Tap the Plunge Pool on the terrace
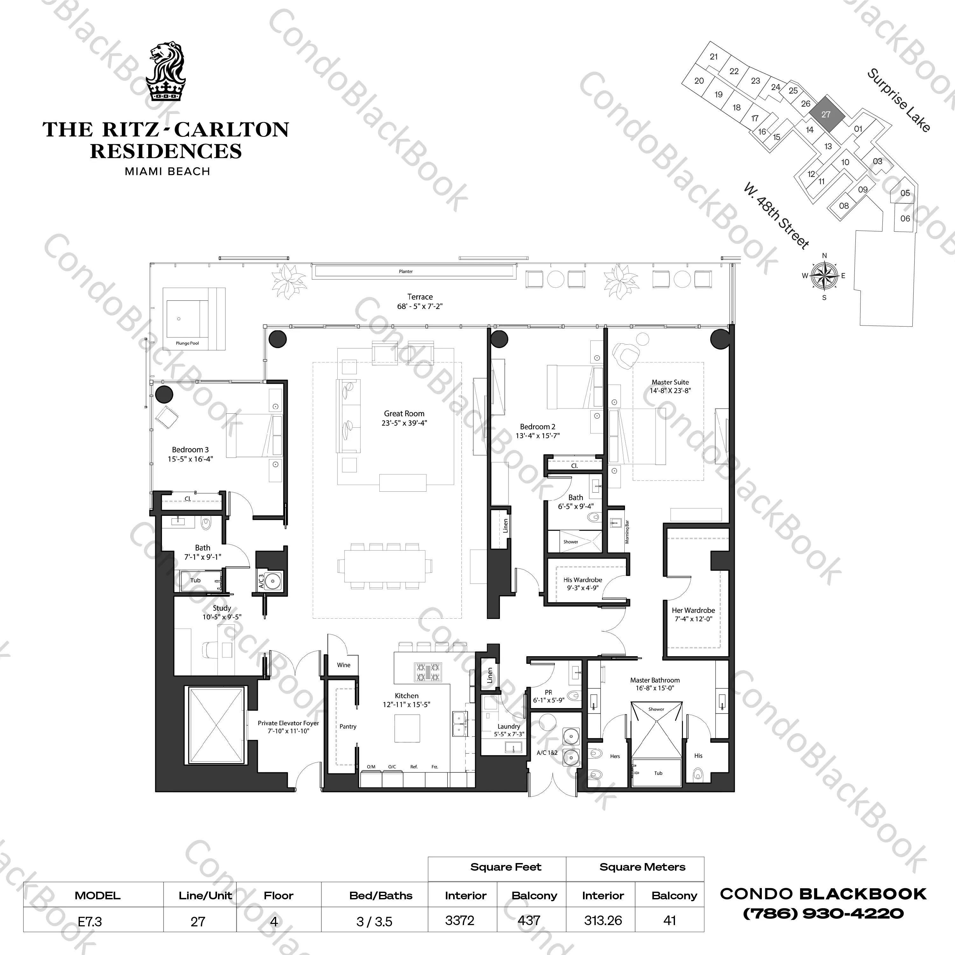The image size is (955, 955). tap(187, 319)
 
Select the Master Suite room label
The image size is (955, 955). tap(670, 386)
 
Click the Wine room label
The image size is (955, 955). tap(344, 665)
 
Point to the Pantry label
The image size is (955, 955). tap(348, 726)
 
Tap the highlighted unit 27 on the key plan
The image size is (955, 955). tap(825, 114)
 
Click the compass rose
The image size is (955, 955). tap(824, 276)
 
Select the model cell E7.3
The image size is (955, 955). tap(90, 921)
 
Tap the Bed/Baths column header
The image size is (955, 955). tap(381, 895)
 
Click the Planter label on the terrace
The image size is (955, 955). tap(406, 271)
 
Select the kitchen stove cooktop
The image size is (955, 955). tap(428, 672)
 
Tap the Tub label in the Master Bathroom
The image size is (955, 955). tap(658, 773)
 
